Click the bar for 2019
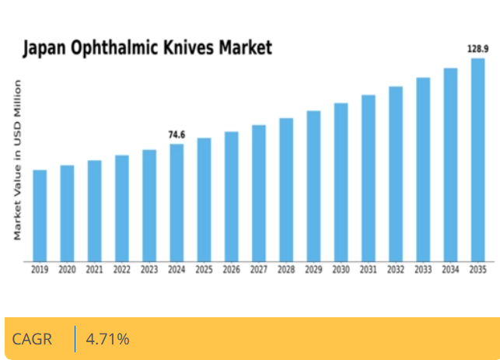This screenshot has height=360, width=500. (40, 215)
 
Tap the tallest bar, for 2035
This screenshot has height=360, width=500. (477, 159)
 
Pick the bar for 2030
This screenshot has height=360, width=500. (341, 182)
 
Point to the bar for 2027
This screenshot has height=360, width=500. (259, 193)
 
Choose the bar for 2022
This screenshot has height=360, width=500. (122, 208)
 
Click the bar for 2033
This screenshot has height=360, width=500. (423, 169)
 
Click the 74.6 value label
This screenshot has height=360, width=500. (177, 135)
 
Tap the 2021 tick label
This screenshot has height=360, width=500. (94, 270)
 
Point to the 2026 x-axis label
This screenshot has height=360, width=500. (231, 270)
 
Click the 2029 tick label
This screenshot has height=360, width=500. (313, 270)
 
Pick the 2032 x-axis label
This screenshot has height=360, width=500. (395, 270)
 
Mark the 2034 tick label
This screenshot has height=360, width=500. (450, 270)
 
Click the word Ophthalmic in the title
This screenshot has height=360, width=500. (116, 48)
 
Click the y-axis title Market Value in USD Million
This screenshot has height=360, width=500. (17, 159)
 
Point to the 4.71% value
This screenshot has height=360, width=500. (107, 339)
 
